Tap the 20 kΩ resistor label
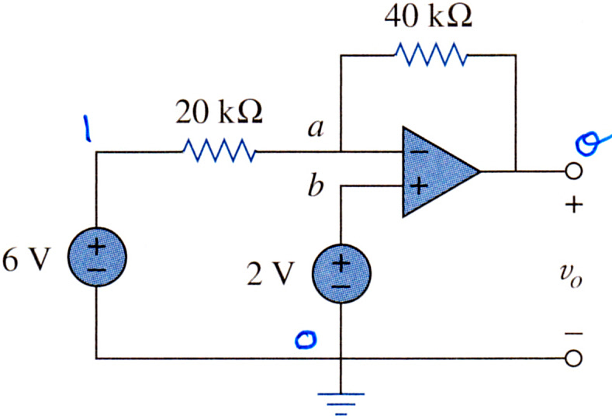pyautogui.click(x=219, y=112)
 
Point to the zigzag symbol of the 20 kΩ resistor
pyautogui.click(x=220, y=151)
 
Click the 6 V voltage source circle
pyautogui.click(x=97, y=257)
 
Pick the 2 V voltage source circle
pyautogui.click(x=341, y=274)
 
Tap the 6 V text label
pyautogui.click(x=26, y=260)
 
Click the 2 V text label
pyautogui.click(x=270, y=273)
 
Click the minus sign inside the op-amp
pyautogui.click(x=419, y=152)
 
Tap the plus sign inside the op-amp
pyautogui.click(x=419, y=186)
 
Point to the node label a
pyautogui.click(x=316, y=128)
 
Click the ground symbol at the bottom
pyautogui.click(x=341, y=403)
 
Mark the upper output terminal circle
pyautogui.click(x=573, y=171)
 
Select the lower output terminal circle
pyautogui.click(x=573, y=358)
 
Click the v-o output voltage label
pyautogui.click(x=571, y=276)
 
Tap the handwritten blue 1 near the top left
pyautogui.click(x=87, y=128)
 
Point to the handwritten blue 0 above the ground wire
pyautogui.click(x=306, y=339)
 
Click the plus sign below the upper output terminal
pyautogui.click(x=574, y=205)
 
